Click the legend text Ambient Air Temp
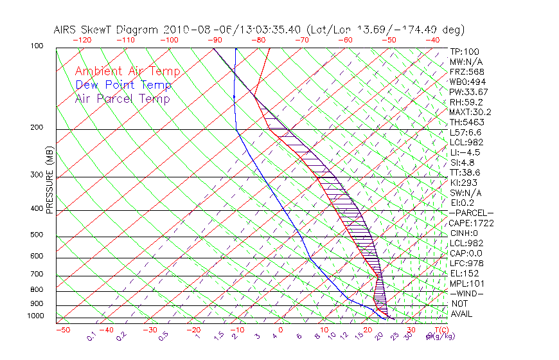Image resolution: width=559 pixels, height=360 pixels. tap(127, 71)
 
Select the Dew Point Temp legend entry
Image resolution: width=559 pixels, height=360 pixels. tap(123, 85)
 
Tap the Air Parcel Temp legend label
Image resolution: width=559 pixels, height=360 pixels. tap(122, 98)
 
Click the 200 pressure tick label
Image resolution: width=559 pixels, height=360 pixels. tap(37, 127)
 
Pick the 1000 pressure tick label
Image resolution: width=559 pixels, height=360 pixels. tap(36, 316)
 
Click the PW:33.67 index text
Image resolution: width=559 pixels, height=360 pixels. tap(468, 92)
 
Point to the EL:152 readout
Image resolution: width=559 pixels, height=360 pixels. tap(464, 273)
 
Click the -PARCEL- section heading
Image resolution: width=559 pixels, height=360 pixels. tap(471, 213)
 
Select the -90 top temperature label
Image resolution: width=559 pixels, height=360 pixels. tap(215, 40)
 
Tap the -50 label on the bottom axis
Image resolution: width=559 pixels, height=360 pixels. tap(62, 330)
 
